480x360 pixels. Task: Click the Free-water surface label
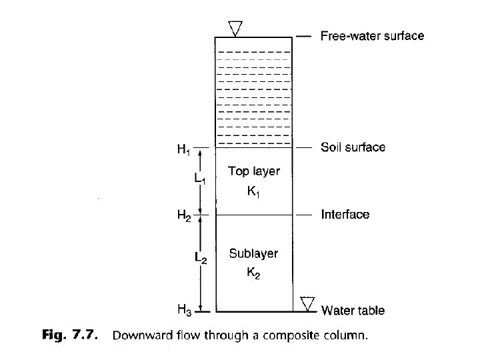tap(372, 35)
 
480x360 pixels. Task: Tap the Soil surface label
tap(353, 147)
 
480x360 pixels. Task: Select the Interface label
tap(345, 215)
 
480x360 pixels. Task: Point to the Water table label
tap(353, 310)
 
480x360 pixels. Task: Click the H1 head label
tap(183, 151)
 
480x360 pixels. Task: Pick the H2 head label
tap(183, 216)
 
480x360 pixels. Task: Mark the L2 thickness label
tap(200, 257)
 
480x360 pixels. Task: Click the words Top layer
tap(254, 171)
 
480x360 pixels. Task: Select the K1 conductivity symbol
tap(253, 192)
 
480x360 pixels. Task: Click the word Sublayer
tap(253, 253)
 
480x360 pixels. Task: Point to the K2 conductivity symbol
tap(254, 273)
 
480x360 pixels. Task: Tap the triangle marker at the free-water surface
tap(235, 28)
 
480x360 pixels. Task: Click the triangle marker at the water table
tap(307, 303)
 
